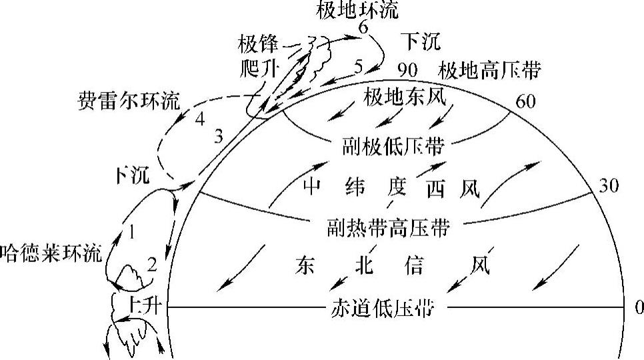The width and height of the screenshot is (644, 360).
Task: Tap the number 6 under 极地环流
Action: pyautogui.click(x=363, y=27)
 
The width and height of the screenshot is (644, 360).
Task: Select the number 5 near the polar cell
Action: pyautogui.click(x=359, y=66)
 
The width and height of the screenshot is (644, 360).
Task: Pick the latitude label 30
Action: pyautogui.click(x=608, y=186)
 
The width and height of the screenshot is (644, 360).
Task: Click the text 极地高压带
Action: pyautogui.click(x=489, y=70)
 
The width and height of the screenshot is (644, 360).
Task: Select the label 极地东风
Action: pyautogui.click(x=404, y=97)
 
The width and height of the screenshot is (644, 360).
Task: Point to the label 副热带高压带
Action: pyautogui.click(x=388, y=228)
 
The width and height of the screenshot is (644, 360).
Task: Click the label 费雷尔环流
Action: pyautogui.click(x=129, y=101)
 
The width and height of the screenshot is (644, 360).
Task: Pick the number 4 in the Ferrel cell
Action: pyautogui.click(x=199, y=121)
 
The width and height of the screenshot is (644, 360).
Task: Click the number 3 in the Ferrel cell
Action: pyautogui.click(x=219, y=137)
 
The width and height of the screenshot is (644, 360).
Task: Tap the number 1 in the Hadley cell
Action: pyautogui.click(x=132, y=232)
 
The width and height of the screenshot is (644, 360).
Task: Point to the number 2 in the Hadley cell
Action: pyautogui.click(x=152, y=265)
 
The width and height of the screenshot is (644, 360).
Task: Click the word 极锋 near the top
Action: pyautogui.click(x=257, y=45)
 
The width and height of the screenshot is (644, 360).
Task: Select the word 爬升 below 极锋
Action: pyautogui.click(x=257, y=67)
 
